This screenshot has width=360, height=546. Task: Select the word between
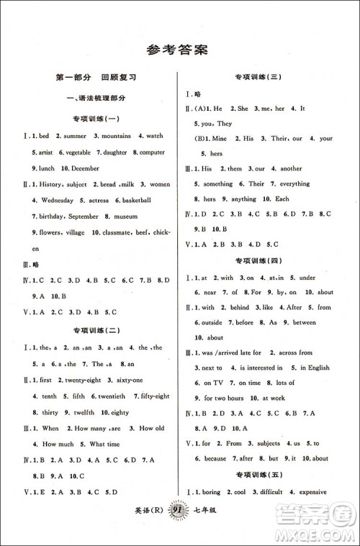point(302,322)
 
